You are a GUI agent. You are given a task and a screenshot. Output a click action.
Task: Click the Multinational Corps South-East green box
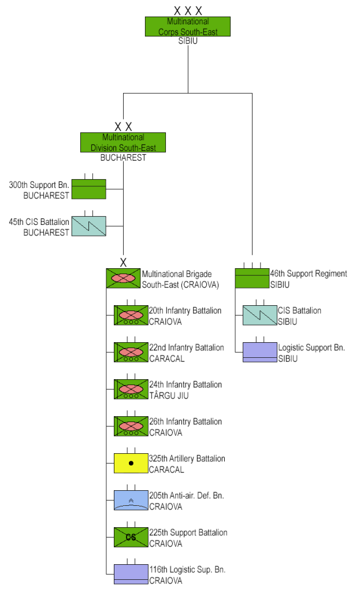(187, 27)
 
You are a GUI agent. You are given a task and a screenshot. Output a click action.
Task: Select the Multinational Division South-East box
(123, 142)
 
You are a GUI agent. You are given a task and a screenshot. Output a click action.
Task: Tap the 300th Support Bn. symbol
(88, 190)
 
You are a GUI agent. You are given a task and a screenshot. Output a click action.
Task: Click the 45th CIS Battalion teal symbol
(88, 225)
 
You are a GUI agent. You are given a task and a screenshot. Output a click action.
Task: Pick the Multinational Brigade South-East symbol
(123, 278)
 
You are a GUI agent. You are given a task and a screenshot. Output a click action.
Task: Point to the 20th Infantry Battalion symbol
(131, 316)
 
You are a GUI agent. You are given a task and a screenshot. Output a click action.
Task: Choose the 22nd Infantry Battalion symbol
(131, 353)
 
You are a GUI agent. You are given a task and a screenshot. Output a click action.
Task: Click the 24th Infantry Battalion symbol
(131, 390)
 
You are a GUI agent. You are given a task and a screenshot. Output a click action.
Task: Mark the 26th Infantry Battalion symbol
(131, 427)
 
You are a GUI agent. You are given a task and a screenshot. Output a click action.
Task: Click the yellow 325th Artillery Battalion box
(131, 464)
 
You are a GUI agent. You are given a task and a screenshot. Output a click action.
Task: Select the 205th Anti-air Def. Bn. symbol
(131, 501)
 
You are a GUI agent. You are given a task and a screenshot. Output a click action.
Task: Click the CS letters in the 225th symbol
(131, 538)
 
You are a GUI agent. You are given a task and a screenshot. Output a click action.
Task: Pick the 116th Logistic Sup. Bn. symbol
(131, 575)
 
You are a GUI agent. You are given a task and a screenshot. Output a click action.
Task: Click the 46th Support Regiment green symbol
(252, 278)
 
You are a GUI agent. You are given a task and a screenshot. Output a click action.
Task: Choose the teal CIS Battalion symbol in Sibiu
(259, 315)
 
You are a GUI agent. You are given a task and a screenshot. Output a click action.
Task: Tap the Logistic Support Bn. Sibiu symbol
(259, 352)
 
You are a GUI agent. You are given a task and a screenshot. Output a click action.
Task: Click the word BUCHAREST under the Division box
(123, 158)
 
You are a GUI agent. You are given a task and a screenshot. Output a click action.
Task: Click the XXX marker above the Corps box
(188, 10)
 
